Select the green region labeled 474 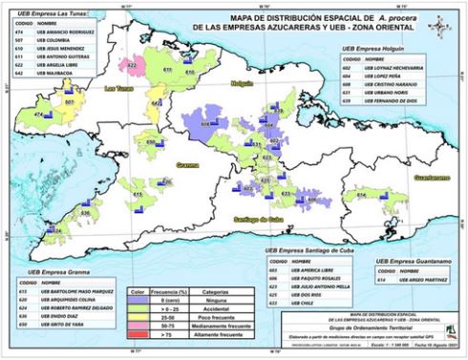41,114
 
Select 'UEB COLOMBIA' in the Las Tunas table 57,40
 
